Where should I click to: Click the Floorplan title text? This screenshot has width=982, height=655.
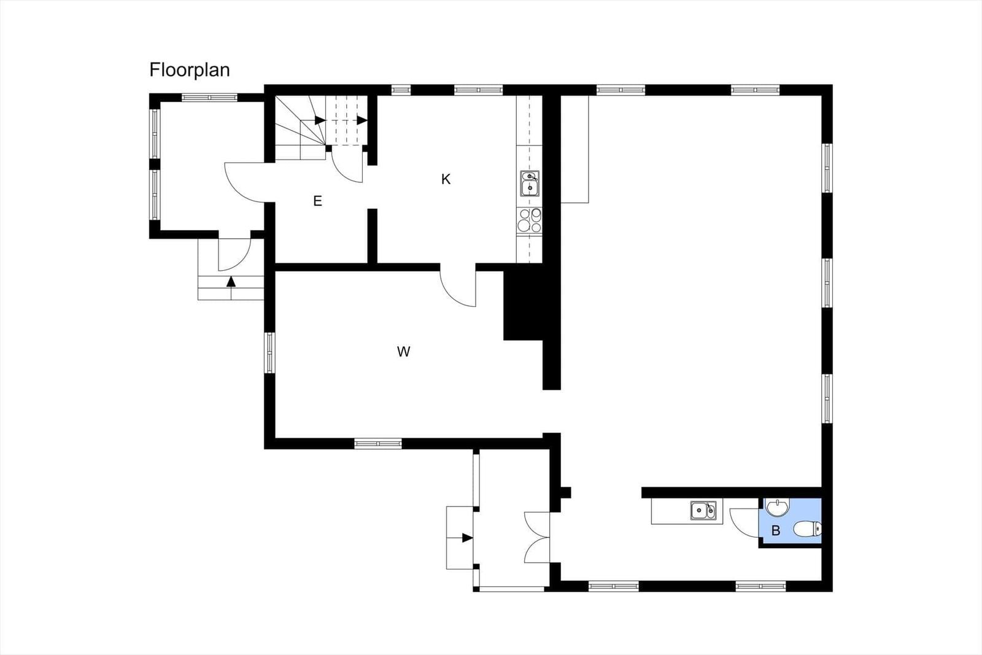[190, 70]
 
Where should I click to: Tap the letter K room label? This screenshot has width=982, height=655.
[446, 179]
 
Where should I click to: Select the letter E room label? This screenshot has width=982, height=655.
[318, 201]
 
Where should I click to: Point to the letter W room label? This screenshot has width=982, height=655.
[403, 351]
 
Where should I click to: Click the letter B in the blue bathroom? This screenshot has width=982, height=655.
[776, 530]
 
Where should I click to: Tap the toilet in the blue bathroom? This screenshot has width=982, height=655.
[807, 529]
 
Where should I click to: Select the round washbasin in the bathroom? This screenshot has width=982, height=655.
[777, 507]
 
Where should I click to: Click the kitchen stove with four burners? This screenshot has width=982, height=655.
[530, 220]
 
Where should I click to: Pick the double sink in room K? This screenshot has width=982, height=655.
[530, 184]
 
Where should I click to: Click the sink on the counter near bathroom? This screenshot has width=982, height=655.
[703, 510]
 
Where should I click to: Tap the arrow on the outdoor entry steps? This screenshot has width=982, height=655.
[231, 281]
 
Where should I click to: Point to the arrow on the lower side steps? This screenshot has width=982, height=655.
[467, 538]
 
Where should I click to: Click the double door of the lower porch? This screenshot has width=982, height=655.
[537, 538]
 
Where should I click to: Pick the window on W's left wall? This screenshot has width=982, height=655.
[269, 353]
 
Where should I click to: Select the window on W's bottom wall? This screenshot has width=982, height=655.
[378, 444]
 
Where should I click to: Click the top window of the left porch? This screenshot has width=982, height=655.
[209, 98]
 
